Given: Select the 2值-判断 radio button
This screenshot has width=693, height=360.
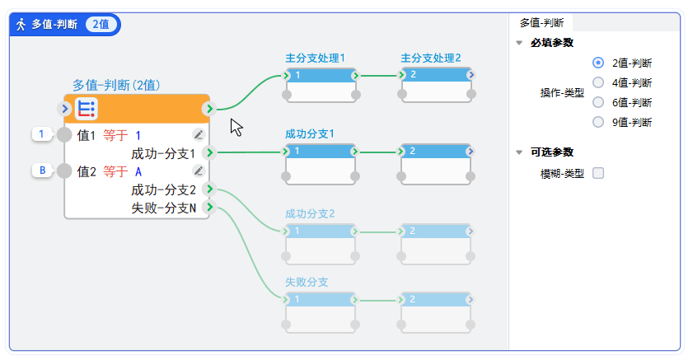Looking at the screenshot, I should click(598, 63).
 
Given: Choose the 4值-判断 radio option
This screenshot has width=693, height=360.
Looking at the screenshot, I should click(598, 82).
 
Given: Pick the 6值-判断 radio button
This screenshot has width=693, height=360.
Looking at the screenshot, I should click(598, 102).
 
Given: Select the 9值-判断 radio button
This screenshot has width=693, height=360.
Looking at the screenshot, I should click(598, 122).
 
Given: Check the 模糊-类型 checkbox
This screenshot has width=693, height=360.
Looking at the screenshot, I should click(598, 173).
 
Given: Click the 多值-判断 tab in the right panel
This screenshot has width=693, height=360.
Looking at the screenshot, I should click(541, 23).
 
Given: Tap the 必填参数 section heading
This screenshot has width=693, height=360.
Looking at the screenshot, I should click(551, 43).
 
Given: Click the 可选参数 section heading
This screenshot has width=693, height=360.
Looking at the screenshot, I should click(551, 152).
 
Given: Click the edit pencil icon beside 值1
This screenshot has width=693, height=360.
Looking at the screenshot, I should click(198, 134).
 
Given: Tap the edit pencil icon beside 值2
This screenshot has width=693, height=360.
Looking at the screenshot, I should click(198, 171).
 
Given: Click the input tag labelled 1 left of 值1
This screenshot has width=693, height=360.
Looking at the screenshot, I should click(40, 133).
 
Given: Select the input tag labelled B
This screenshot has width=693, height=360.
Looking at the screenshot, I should click(41, 171).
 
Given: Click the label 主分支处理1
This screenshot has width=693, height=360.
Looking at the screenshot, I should click(315, 58).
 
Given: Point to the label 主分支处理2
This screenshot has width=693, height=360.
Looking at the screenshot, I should click(430, 58).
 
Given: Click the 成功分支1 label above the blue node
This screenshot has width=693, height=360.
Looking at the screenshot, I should click(309, 133).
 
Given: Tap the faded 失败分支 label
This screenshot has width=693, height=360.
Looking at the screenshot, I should click(307, 282).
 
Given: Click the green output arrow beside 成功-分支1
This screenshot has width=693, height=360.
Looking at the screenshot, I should click(210, 152).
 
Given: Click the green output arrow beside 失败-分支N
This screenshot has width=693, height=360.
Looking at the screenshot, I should click(210, 207).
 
